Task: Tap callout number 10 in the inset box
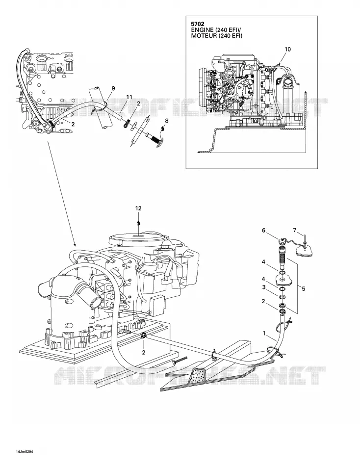coord(287,50)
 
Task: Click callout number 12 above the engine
coord(138,208)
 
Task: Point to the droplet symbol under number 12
coord(138,222)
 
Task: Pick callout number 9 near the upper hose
coord(113,88)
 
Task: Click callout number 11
coord(129,97)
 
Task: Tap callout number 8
coord(166,121)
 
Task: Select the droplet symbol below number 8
coord(162,129)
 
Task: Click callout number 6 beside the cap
coord(263,231)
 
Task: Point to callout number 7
coord(295,230)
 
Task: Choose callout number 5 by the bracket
coord(303,288)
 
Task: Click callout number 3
coord(263,287)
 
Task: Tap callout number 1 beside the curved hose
coord(264,334)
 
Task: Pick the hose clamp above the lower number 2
coord(144,336)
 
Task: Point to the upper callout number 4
coord(263,262)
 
